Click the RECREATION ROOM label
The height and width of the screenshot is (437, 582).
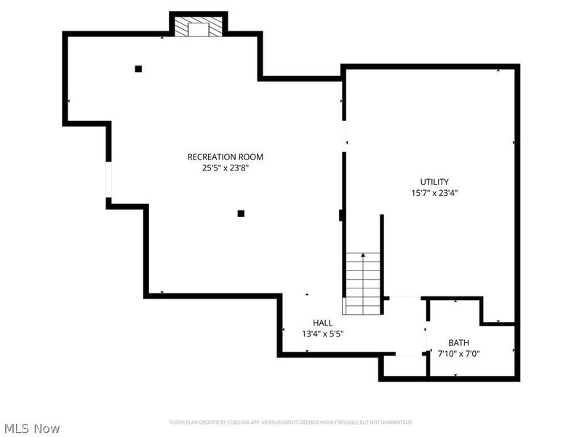pyautogui.click(x=225, y=157)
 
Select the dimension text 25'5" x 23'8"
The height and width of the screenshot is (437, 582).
pyautogui.click(x=225, y=168)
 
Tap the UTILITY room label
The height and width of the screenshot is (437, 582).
pyautogui.click(x=434, y=182)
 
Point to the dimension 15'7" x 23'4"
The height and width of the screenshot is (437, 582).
pyautogui.click(x=434, y=193)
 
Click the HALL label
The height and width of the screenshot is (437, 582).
pyautogui.click(x=322, y=323)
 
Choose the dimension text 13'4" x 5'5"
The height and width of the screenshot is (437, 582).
pyautogui.click(x=322, y=334)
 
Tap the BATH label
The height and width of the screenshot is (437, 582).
pyautogui.click(x=458, y=342)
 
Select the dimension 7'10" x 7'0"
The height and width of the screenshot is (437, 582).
pyautogui.click(x=458, y=353)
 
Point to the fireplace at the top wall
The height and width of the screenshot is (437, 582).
pyautogui.click(x=199, y=28)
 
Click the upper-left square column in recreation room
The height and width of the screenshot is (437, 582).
pyautogui.click(x=138, y=69)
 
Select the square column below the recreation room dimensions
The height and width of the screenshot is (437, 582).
pyautogui.click(x=241, y=213)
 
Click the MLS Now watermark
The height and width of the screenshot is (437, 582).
pyautogui.click(x=31, y=428)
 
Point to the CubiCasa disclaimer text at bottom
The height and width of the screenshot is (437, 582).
pyautogui.click(x=291, y=422)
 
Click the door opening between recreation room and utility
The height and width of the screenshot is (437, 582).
pyautogui.click(x=344, y=136)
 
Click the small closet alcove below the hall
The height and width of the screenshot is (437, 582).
pyautogui.click(x=404, y=366)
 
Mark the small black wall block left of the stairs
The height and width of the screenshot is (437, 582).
pyautogui.click(x=340, y=215)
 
